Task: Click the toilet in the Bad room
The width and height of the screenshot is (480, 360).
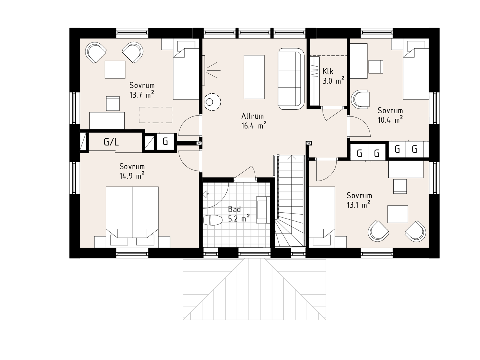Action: click(213, 220)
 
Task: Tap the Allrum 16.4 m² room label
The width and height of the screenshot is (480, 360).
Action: click(254, 121)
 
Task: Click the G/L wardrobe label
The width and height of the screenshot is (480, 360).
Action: click(111, 142)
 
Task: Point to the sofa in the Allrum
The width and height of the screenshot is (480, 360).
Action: click(291, 79)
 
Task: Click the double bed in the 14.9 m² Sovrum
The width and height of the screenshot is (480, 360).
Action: click(132, 217)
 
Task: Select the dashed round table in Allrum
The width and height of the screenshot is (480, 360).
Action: click(212, 102)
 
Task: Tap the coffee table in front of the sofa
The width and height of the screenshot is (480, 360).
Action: click(254, 77)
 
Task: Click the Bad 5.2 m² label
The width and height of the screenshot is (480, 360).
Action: click(239, 214)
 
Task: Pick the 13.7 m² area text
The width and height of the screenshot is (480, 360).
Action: click(142, 95)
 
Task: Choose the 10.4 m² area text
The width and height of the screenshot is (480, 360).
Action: click(390, 120)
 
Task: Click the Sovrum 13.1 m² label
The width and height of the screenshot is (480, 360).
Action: click(359, 200)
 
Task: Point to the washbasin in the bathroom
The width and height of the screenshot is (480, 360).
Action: click(263, 210)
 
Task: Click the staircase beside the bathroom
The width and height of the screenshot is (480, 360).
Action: click(290, 201)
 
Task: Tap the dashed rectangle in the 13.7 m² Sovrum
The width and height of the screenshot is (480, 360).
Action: click(156, 115)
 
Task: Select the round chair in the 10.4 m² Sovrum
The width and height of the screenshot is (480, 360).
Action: click(360, 99)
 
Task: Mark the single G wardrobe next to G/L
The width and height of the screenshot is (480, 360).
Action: click(165, 141)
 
